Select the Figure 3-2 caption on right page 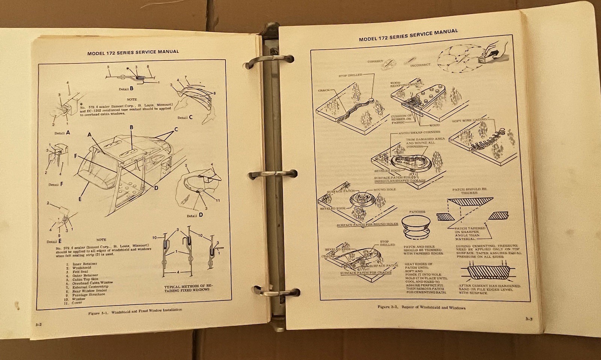pyautogui.click(x=421, y=307)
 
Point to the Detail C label pyautogui.click(x=185, y=117)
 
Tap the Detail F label pyautogui.click(x=56, y=185)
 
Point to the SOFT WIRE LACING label pyautogui.click(x=470, y=120)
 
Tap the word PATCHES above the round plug pyautogui.click(x=417, y=211)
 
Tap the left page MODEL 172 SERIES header pyautogui.click(x=133, y=52)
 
